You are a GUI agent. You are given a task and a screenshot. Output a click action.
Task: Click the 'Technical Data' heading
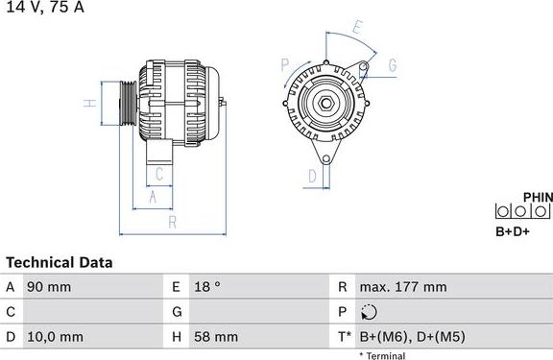[x=60, y=262]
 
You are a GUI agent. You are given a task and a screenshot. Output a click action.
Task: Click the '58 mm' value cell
[x=217, y=337]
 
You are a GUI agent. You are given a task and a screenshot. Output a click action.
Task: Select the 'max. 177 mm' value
[x=403, y=287]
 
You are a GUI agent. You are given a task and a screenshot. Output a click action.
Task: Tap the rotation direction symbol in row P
[x=371, y=312]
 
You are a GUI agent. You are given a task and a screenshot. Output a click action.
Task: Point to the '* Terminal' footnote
[x=382, y=356]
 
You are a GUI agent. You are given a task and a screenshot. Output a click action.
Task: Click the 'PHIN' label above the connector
[x=538, y=198]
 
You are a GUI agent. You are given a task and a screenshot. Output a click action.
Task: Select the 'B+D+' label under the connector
[x=513, y=231]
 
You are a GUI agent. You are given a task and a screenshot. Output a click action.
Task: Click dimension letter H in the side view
[x=88, y=103]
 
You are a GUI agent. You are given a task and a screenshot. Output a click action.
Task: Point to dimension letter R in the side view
[x=171, y=222]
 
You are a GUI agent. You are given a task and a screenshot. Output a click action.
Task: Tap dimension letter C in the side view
[x=159, y=174]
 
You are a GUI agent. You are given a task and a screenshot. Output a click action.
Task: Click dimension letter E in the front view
[x=356, y=27]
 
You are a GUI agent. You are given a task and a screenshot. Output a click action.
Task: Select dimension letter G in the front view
[x=392, y=65]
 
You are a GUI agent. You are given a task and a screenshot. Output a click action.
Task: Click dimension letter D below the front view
[x=312, y=176]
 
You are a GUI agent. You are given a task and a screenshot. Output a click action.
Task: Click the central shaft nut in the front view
[x=326, y=104]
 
